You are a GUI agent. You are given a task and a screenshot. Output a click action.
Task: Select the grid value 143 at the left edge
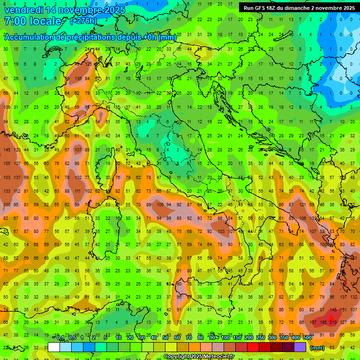tap(7, 150)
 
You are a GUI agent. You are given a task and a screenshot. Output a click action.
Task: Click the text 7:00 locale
tap(33, 22)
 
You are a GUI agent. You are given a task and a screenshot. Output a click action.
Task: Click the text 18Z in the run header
tap(271, 8)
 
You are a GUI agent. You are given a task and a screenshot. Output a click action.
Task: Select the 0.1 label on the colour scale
tap(60, 338)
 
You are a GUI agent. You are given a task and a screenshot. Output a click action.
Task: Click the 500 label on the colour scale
tap(307, 338)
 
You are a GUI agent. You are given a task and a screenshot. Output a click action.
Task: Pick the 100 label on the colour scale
tap(225, 338)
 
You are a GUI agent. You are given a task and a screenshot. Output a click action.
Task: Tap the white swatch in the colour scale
tap(54, 347)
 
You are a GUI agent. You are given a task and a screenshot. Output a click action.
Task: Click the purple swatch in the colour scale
tap(300, 347)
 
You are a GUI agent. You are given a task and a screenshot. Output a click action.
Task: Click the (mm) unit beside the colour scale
tap(317, 347)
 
